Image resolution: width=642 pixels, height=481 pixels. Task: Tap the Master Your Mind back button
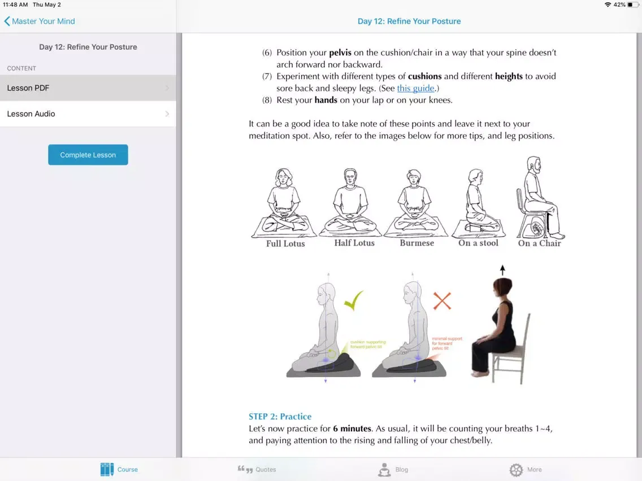pos(40,21)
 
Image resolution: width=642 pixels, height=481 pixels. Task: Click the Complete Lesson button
pos(88,155)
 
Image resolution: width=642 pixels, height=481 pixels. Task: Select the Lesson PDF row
pos(88,88)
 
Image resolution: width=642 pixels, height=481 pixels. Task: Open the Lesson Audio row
pos(88,114)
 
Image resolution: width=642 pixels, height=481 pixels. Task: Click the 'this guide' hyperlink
pos(415,88)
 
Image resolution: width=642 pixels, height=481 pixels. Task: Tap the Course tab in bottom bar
pos(119,469)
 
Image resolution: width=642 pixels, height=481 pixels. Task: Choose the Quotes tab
pos(257,469)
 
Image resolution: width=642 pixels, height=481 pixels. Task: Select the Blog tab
pos(393,469)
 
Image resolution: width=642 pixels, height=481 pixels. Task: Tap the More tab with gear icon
pos(526,469)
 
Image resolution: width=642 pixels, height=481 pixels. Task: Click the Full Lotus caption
pos(285,244)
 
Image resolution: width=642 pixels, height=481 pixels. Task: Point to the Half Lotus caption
pos(354,243)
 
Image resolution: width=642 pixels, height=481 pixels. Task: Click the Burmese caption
pos(417,243)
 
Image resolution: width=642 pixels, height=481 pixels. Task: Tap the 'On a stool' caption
pos(478,243)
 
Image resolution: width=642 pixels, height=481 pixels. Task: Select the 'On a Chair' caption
pos(539,243)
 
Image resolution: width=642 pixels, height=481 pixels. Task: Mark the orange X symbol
pos(442,300)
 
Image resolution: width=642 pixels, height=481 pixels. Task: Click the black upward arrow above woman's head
pos(502,270)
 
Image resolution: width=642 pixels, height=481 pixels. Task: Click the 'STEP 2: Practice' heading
pos(280,417)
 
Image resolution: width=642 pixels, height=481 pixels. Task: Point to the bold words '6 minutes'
pos(352,428)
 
